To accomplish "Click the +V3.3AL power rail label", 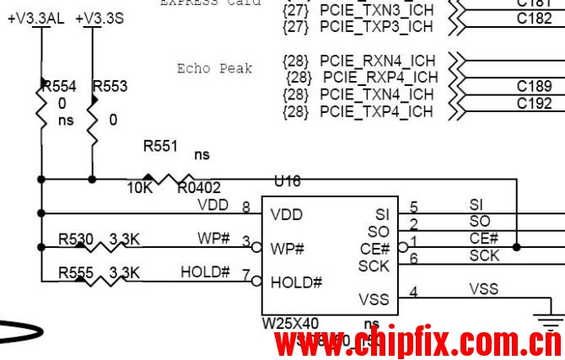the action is pyautogui.click(x=37, y=19).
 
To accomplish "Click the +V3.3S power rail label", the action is pyautogui.click(x=99, y=19).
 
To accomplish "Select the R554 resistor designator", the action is pyautogui.click(x=59, y=86).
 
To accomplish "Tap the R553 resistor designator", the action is pyautogui.click(x=110, y=86).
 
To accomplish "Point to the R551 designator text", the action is pyautogui.click(x=160, y=146).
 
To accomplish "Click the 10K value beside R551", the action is pyautogui.click(x=139, y=188).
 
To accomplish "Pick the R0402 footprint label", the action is pyautogui.click(x=199, y=188).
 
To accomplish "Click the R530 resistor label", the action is pyautogui.click(x=76, y=239).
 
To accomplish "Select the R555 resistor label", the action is pyautogui.click(x=76, y=273).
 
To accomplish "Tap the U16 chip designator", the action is pyautogui.click(x=288, y=181).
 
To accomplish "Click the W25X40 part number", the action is pyautogui.click(x=291, y=324).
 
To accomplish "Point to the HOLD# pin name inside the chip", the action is pyautogui.click(x=296, y=282).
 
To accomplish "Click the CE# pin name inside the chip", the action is pyautogui.click(x=374, y=249).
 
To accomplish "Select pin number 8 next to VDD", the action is pyautogui.click(x=245, y=207).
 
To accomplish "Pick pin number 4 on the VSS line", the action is pyautogui.click(x=413, y=293).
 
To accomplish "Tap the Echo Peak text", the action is pyautogui.click(x=214, y=68).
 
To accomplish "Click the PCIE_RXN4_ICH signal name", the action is pyautogui.click(x=378, y=61).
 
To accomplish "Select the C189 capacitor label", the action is pyautogui.click(x=535, y=86).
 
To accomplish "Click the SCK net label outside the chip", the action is pyautogui.click(x=484, y=255).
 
